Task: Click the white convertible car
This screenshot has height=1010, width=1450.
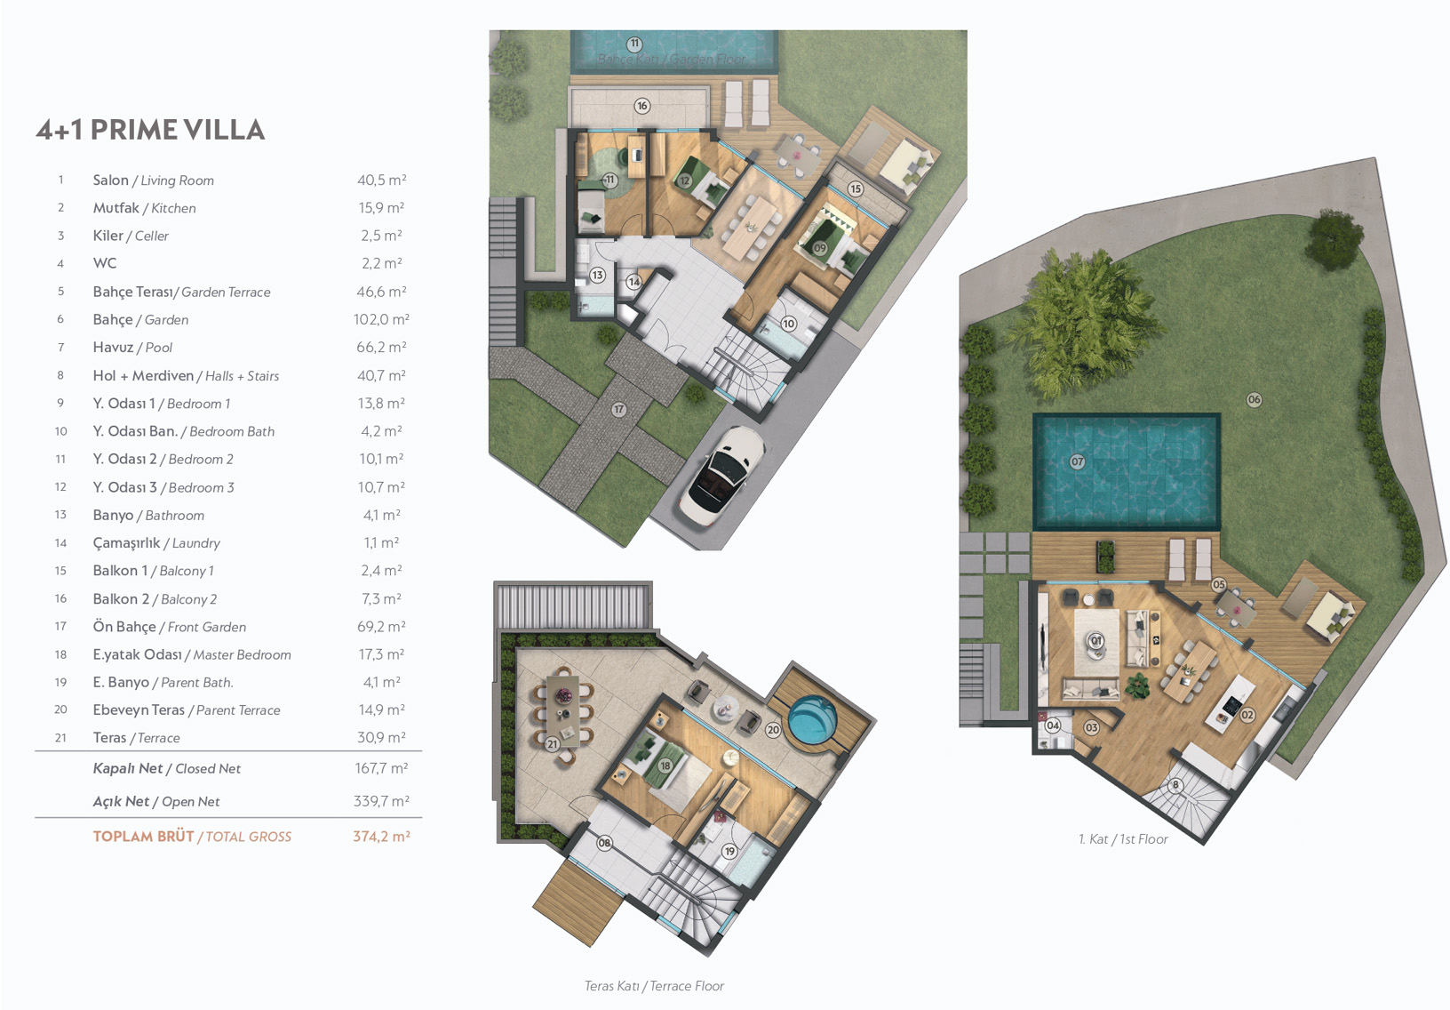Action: point(721,475)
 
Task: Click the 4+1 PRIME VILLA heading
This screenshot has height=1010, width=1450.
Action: point(150,130)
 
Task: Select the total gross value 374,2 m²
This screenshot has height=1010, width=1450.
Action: point(381,837)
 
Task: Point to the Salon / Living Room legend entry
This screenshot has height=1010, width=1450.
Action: point(154,180)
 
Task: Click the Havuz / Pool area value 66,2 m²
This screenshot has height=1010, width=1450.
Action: point(381,348)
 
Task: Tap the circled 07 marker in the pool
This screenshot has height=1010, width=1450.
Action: point(1077,462)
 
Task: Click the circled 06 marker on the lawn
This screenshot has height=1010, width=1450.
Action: point(1254,400)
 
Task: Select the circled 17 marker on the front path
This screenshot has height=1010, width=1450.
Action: point(619,410)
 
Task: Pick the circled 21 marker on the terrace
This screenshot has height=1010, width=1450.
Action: point(552,744)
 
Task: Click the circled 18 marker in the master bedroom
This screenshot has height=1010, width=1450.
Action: point(665,766)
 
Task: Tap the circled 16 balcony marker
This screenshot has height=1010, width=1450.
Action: point(642,106)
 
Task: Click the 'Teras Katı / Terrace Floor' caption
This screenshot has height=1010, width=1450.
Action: point(654,986)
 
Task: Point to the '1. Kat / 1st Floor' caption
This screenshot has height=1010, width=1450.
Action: point(1123,839)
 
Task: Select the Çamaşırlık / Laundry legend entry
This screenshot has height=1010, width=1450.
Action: point(156,543)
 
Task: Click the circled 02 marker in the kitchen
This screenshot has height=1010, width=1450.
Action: point(1247,715)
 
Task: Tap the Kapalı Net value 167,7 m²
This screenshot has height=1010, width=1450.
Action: point(381,768)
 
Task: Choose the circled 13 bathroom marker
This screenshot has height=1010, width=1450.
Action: point(597,276)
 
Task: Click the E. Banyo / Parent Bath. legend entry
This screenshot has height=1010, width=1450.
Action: point(163,682)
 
